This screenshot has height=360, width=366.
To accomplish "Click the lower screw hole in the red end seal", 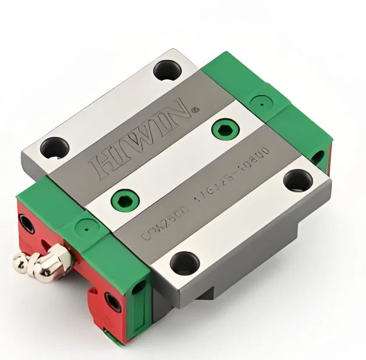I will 111,301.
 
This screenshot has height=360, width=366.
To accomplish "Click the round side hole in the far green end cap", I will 317,156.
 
